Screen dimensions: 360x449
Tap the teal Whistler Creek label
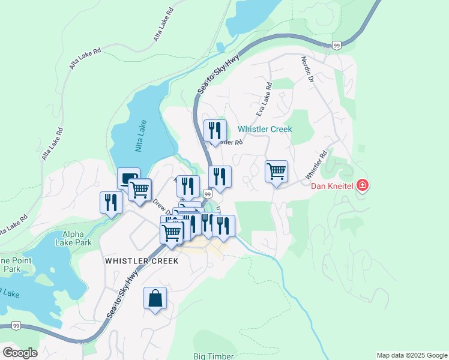pyautogui.click(x=264, y=129)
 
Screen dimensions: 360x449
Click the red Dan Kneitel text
pyautogui.click(x=333, y=185)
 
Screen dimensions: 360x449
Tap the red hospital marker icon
pyautogui.click(x=362, y=185)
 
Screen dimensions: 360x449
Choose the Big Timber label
pyautogui.click(x=213, y=356)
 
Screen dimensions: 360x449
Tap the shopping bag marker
pyautogui.click(x=155, y=298)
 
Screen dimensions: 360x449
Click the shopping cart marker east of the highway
pyautogui.click(x=276, y=172)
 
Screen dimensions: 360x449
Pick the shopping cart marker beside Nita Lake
pyautogui.click(x=139, y=190)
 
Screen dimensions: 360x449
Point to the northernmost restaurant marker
pyautogui.click(x=214, y=131)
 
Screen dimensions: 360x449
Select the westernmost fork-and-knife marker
pyautogui.click(x=111, y=202)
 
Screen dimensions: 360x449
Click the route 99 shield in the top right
pyautogui.click(x=337, y=45)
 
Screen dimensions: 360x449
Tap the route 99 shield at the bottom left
pyautogui.click(x=16, y=326)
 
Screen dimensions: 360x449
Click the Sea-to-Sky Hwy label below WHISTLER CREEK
pyautogui.click(x=123, y=295)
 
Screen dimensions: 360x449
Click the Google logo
pyautogui.click(x=20, y=352)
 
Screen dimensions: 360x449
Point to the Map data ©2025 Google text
pyautogui.click(x=412, y=355)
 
